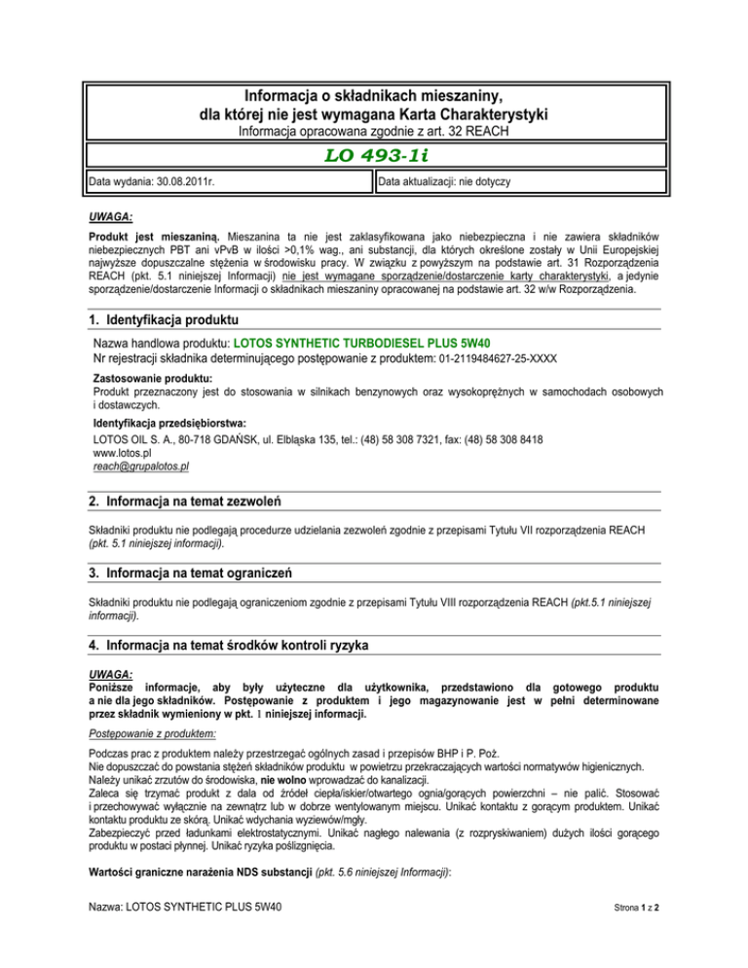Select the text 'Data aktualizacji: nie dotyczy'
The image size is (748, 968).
[x=453, y=182]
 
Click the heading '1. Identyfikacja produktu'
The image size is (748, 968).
[x=162, y=320]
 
